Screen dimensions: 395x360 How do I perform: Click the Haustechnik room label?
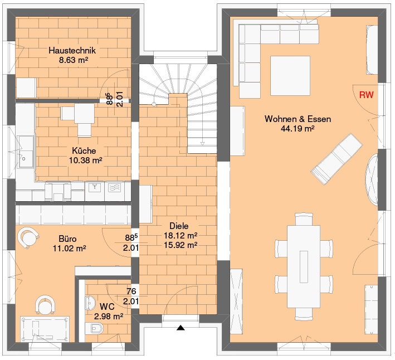tap(72, 50)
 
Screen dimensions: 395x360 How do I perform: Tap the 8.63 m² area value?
tap(74, 60)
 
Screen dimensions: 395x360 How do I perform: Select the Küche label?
tap(84, 150)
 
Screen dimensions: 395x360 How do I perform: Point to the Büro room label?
tap(67, 239)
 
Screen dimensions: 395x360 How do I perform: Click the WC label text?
tap(107, 307)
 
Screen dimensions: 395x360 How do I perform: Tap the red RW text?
tap(366, 95)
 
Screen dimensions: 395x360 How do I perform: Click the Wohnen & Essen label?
tap(298, 119)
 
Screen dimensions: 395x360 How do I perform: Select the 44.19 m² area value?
tap(298, 129)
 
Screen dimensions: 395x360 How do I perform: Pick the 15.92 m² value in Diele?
tap(181, 245)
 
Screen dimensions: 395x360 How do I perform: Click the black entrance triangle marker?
tap(181, 328)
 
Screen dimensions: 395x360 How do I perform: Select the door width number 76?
tap(131, 291)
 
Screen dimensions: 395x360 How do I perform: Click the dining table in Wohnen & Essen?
tap(304, 266)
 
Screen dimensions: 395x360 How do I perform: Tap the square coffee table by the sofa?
tap(290, 76)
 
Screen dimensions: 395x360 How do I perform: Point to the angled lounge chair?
tap(337, 159)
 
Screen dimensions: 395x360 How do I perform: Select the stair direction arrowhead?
tap(202, 144)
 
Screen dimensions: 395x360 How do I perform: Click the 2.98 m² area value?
tap(109, 316)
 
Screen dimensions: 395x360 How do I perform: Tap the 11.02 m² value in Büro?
tap(69, 249)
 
